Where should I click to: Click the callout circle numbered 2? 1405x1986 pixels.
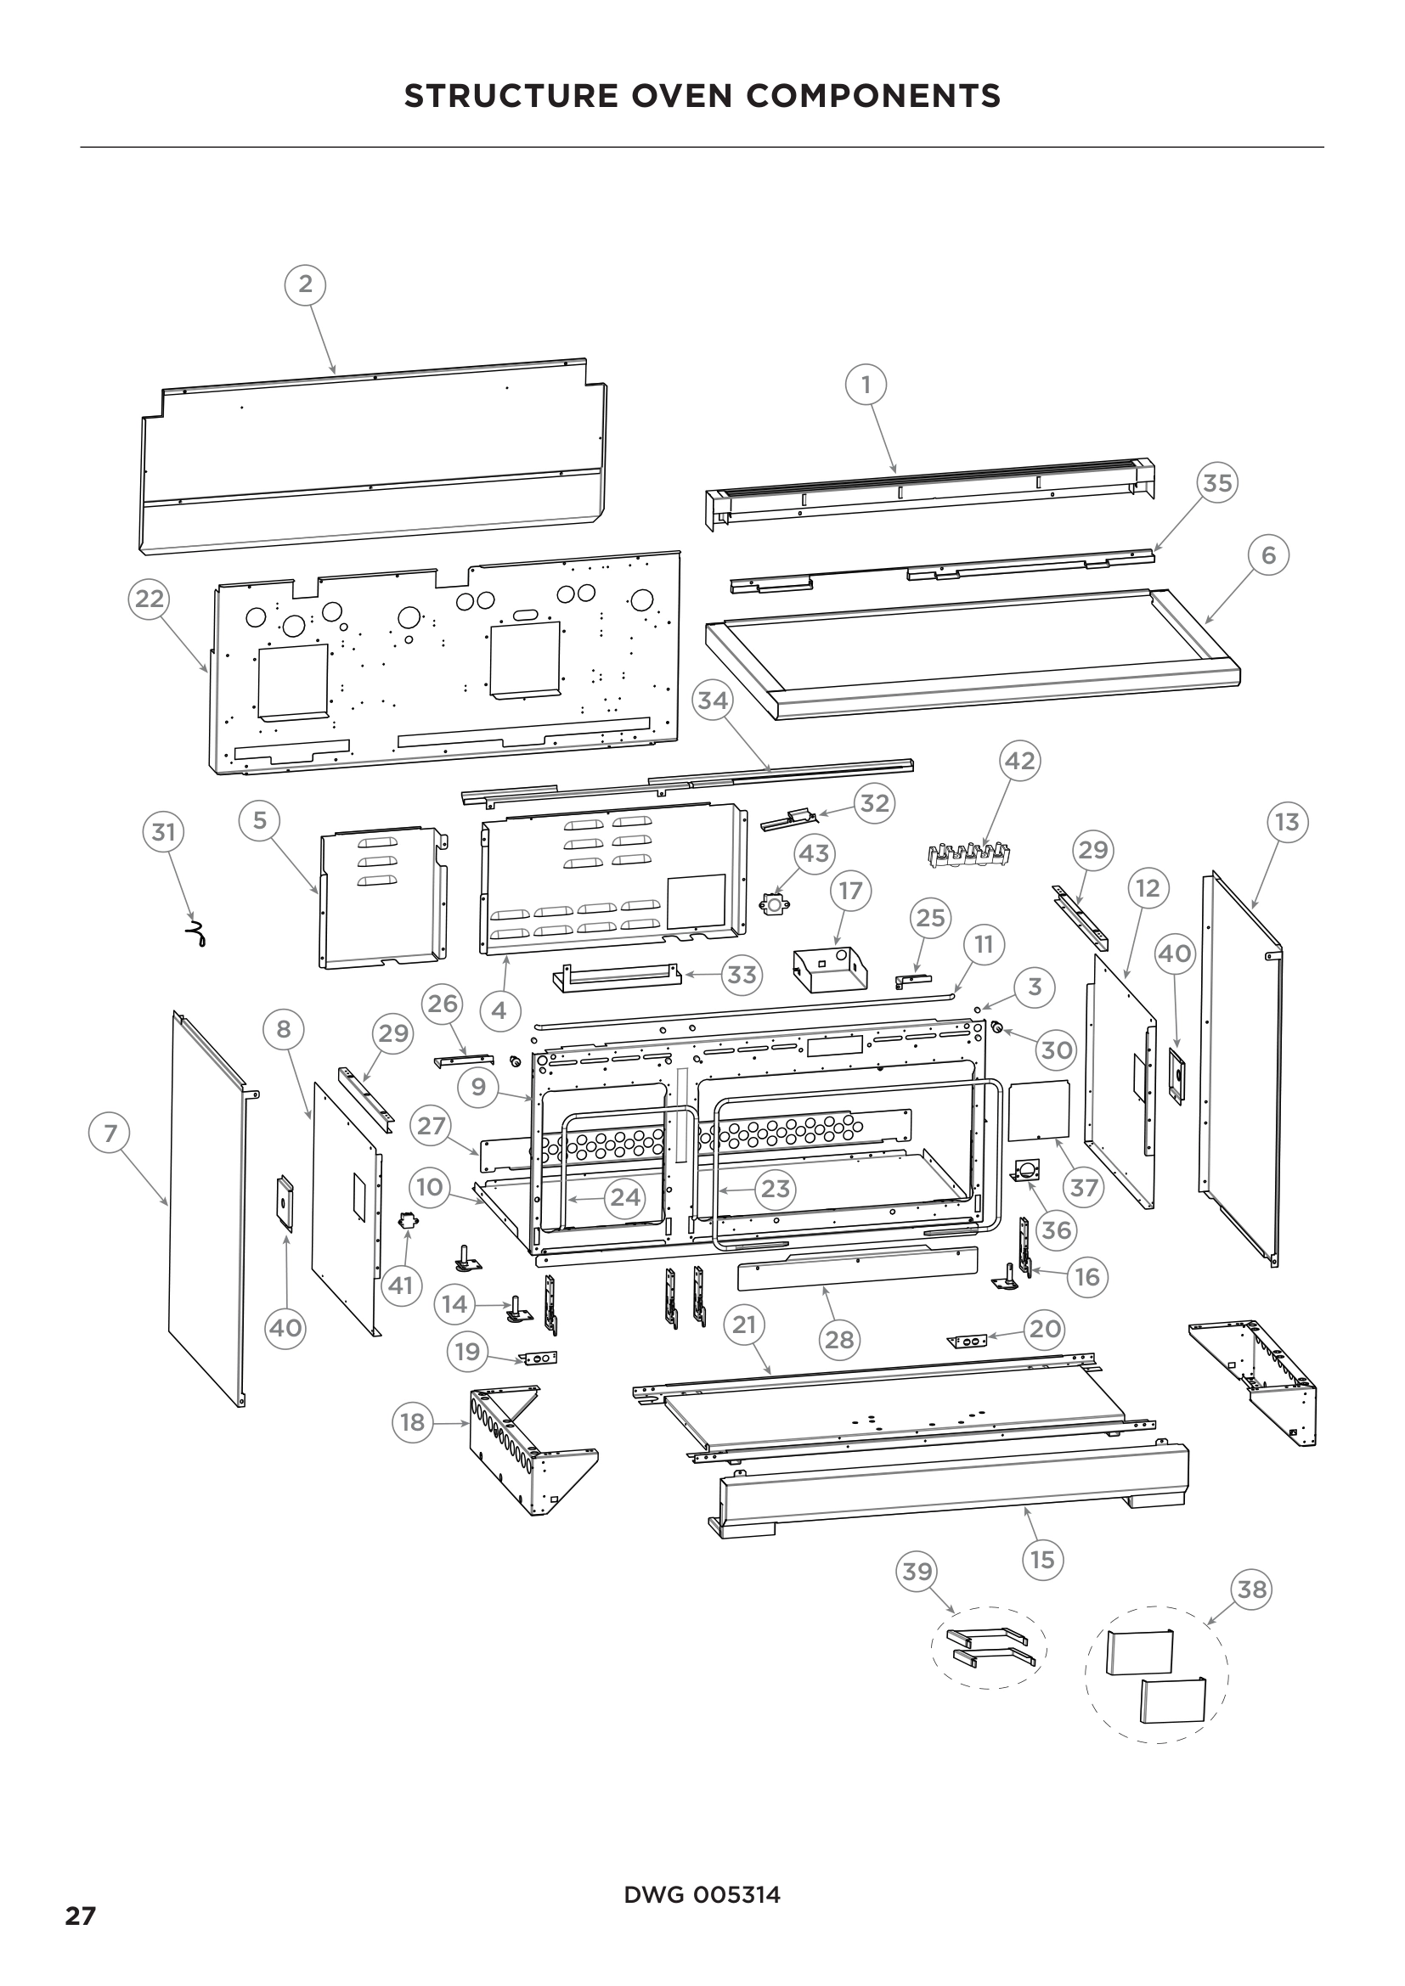(306, 284)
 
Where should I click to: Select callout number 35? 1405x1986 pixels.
(1217, 482)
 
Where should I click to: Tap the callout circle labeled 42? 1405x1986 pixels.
(1019, 761)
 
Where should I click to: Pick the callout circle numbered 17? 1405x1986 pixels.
(850, 891)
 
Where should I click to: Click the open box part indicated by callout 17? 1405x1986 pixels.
(829, 970)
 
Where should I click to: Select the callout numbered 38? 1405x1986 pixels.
(1252, 1589)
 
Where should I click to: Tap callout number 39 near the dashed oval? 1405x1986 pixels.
(917, 1572)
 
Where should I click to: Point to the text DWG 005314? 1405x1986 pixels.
(702, 1895)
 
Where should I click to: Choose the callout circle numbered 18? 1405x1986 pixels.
(413, 1422)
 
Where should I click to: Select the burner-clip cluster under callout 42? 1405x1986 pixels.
(968, 855)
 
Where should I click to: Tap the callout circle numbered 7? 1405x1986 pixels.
(110, 1134)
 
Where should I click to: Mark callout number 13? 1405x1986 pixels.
(1287, 822)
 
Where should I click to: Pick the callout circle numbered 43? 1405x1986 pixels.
(814, 853)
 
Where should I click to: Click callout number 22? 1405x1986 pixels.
(149, 599)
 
